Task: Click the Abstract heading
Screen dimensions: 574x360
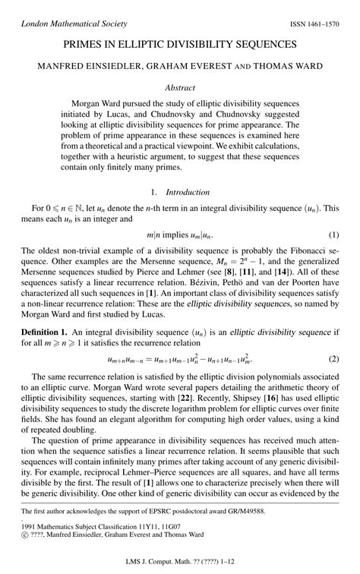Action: coord(180,87)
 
